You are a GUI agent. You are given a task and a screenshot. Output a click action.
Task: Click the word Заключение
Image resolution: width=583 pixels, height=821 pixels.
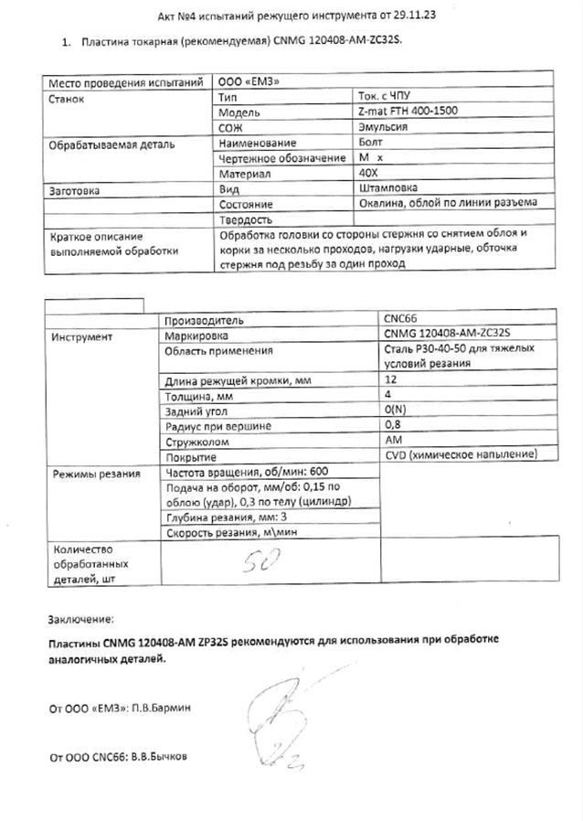pos(82,619)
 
